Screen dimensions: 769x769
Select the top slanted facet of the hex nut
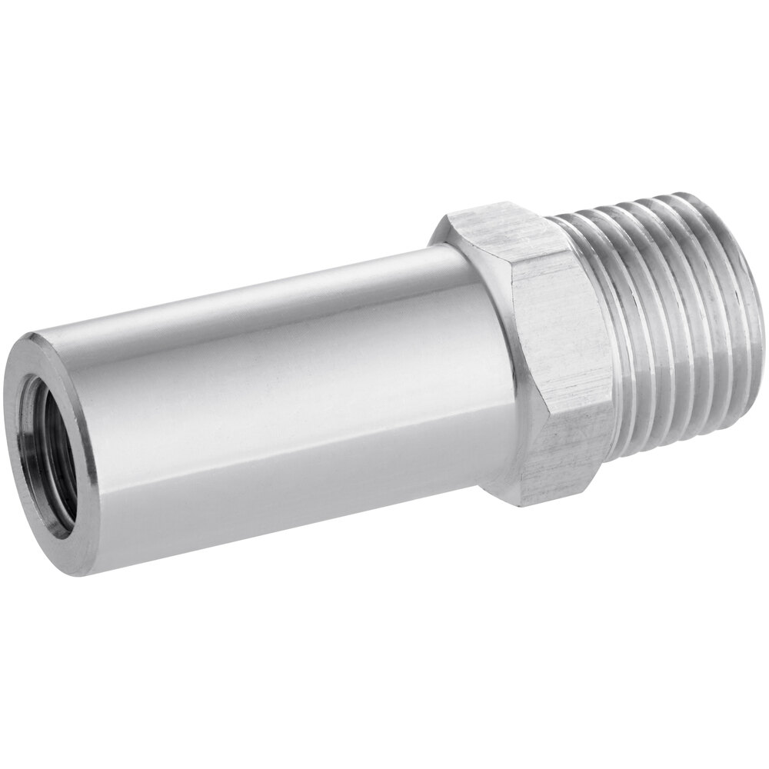click(x=492, y=231)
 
